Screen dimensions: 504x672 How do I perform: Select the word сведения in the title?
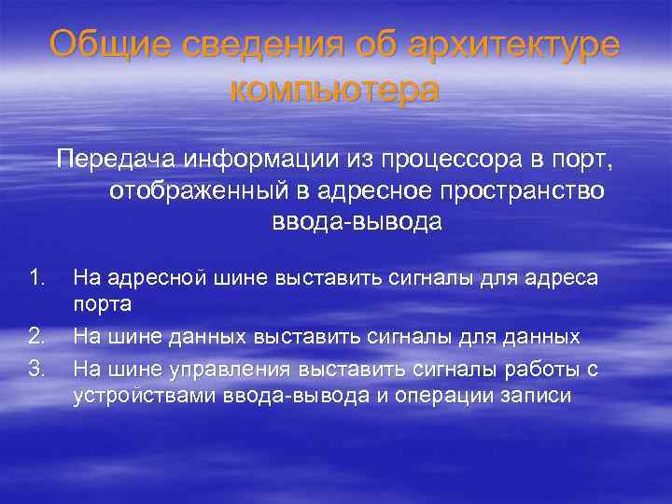click(242, 44)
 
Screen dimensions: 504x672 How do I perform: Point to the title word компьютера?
click(334, 90)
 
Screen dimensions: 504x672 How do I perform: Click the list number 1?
click(37, 275)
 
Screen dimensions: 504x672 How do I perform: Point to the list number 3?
click(37, 368)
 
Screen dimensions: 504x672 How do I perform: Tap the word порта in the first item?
click(102, 304)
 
